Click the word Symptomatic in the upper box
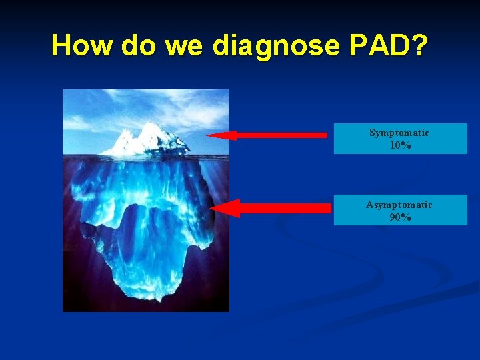point(399,133)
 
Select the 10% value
point(400,145)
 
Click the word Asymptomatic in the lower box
point(399,205)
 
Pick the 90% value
point(400,217)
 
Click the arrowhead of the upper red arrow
point(220,135)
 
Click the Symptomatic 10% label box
point(400,139)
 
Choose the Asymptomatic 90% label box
point(400,210)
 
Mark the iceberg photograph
point(145,200)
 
